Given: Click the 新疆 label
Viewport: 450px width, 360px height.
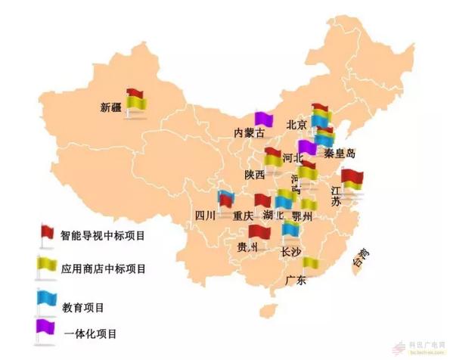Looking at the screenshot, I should point(111,107).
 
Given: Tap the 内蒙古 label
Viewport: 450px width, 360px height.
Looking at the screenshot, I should point(250,133).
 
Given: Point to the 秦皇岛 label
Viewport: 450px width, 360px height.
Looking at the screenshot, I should point(340,154).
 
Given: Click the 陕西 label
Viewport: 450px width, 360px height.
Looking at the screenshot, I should point(255,175).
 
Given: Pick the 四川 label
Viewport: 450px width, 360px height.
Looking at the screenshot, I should point(206,216).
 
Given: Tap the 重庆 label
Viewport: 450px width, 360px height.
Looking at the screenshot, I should point(244,216).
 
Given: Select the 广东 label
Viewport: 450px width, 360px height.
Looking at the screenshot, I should point(296,281).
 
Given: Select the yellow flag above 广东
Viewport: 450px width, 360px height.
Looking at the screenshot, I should point(310,262).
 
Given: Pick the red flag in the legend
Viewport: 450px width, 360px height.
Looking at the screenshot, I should point(46,231).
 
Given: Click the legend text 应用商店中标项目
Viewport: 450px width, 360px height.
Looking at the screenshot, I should point(103,268).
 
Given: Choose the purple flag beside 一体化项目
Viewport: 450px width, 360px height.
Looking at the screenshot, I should point(45,327).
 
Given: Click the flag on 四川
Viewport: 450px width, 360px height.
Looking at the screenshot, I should point(225,198).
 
